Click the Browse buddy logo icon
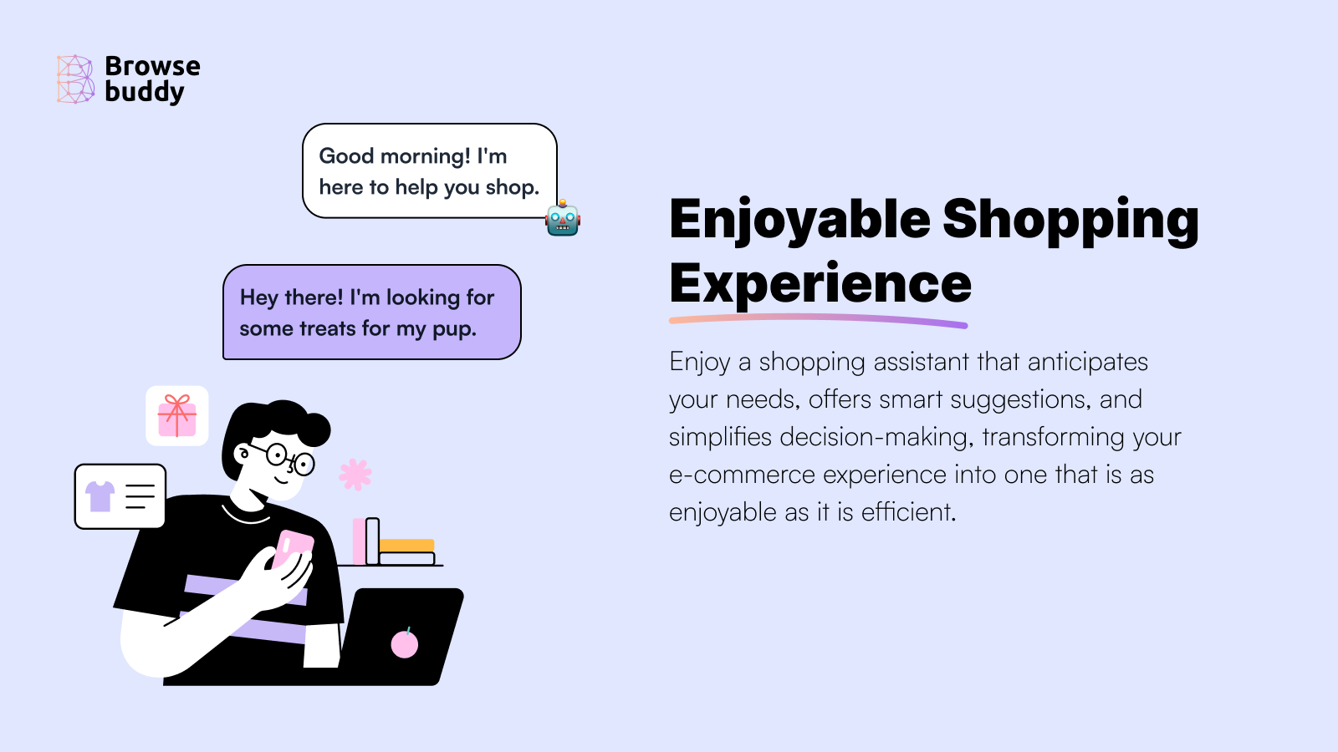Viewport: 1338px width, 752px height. click(75, 79)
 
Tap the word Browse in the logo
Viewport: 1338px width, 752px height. click(152, 66)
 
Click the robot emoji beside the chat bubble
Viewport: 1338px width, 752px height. click(563, 219)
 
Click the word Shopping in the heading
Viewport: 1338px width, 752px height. click(1070, 221)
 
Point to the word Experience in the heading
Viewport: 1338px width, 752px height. click(820, 284)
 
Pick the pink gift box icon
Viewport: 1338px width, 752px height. click(177, 415)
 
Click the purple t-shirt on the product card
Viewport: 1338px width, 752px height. click(100, 495)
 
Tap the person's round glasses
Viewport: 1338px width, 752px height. click(289, 459)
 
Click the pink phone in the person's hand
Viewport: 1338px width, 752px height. click(292, 548)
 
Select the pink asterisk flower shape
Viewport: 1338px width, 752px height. click(355, 474)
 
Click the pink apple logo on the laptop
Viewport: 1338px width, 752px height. click(405, 644)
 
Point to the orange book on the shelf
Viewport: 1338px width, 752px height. click(407, 546)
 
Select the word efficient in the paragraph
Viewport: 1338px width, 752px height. click(907, 512)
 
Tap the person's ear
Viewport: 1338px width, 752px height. click(243, 455)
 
